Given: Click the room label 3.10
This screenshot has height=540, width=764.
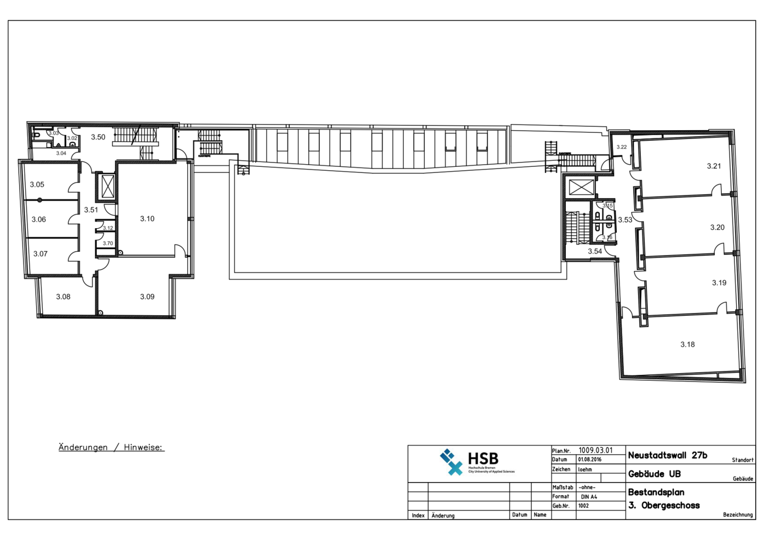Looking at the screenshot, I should point(147,219).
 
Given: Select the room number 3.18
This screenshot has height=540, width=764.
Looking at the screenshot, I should point(687,345).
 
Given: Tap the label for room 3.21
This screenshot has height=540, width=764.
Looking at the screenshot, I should point(714,166).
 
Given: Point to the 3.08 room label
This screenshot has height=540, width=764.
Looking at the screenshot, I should point(63,297).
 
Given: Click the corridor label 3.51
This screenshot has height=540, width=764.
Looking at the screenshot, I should point(91,210).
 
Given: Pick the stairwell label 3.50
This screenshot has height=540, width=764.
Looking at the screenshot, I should point(98,137).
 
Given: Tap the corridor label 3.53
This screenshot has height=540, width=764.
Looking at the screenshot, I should point(625,220).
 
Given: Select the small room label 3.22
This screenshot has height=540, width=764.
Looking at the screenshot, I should point(622,147).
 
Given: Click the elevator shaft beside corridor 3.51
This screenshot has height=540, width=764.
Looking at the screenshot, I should point(108,187).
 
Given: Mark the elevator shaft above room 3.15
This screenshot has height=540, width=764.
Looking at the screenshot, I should point(581,187).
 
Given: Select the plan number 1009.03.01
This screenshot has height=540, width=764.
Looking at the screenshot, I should point(595,450).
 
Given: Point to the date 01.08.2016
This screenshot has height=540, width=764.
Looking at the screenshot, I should point(589,460).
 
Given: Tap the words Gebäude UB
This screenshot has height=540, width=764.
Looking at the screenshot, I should point(654,474).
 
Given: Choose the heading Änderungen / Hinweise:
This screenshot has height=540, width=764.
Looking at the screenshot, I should point(111,448).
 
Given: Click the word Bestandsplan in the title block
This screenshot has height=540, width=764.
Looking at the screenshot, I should point(656,492).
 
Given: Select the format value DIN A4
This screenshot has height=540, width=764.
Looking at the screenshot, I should point(589,497).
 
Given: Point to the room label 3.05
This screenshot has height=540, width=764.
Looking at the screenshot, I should point(37,185).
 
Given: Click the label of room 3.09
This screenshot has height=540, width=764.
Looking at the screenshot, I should point(147,297).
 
